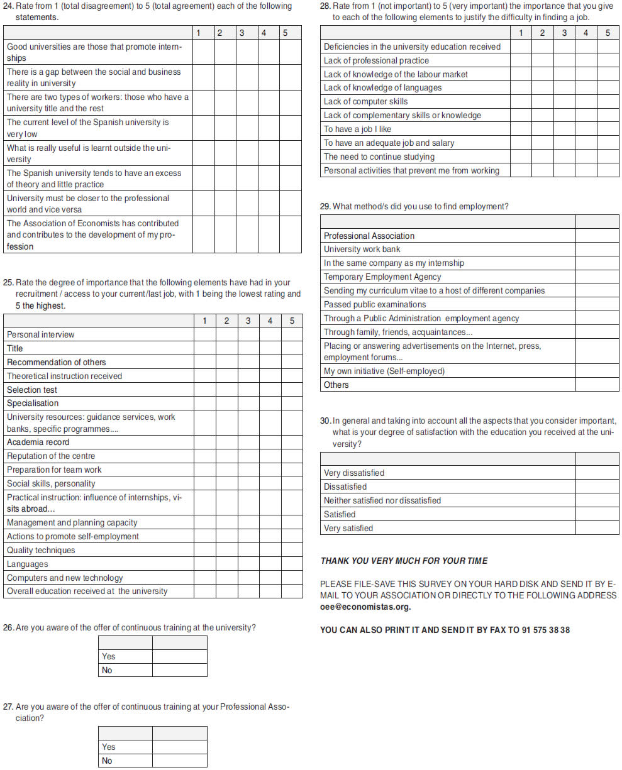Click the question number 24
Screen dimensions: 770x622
tap(8, 6)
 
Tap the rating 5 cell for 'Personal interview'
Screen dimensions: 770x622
tap(292, 334)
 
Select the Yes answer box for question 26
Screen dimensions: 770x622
tap(179, 656)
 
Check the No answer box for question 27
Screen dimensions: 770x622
tap(179, 761)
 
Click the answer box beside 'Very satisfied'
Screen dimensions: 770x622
tap(597, 528)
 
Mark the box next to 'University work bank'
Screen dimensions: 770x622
tap(597, 250)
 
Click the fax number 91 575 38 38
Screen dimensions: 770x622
tap(545, 630)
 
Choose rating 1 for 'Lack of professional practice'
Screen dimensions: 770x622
tap(521, 61)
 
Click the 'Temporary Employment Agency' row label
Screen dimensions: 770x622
tap(382, 277)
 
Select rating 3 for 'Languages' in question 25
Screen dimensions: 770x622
tap(248, 564)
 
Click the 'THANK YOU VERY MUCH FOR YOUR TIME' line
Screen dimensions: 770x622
tap(404, 561)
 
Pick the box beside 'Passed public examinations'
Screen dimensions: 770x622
tap(597, 305)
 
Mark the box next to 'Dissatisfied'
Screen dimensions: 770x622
tap(597, 487)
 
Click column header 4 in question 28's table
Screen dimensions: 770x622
tap(586, 33)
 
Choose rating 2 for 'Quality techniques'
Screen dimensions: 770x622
tap(226, 550)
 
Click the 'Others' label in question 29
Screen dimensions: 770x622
tap(336, 385)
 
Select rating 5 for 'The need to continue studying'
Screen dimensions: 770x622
tap(608, 157)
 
